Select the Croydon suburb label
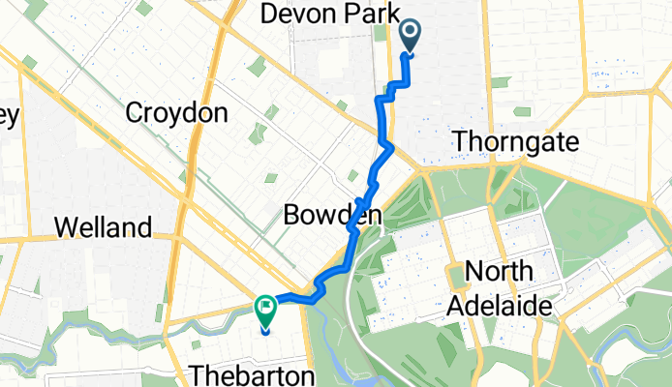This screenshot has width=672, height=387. pos(177,113)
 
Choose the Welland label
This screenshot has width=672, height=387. pos(105,228)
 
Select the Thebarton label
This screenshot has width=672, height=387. pos(252,374)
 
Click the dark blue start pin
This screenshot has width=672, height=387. pos(411,36)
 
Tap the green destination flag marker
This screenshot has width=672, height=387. pos(265,310)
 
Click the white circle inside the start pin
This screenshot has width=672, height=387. pos(411,33)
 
